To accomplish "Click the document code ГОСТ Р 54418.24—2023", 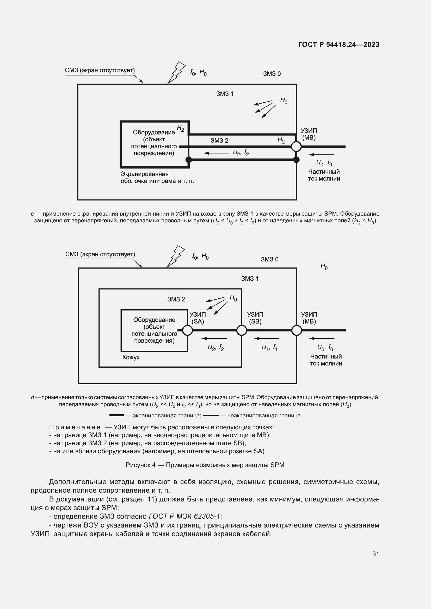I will coord(338,45).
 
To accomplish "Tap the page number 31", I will coord(375,554).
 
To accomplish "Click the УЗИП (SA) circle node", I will coord(188,330).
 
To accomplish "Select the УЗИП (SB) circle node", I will coord(242,330).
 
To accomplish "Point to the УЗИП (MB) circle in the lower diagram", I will coord(297,330).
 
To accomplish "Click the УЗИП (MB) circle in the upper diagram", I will coord(296,146).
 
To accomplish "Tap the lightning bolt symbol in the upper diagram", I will coord(176,72).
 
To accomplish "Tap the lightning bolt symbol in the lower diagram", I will coord(175,256).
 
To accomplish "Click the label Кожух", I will coord(131,357).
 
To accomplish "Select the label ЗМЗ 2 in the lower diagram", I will coord(176,299).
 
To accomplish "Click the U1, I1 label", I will coord(269,348).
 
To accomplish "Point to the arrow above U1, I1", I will coord(267,338).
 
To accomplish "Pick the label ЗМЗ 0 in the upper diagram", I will coord(272,74).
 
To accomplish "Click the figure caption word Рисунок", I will coord(140,465).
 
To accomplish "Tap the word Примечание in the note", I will coord(75,427).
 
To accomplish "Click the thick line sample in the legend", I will coord(116,415).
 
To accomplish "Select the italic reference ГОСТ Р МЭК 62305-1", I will coord(184,516).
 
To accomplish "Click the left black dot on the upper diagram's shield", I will coord(188,160).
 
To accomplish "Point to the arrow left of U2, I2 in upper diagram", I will coord(216,153).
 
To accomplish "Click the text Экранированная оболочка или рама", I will coord(157,178).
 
